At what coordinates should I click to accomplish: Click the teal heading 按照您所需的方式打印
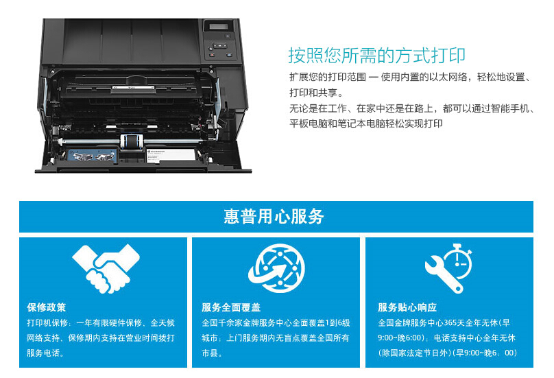[x=376, y=56]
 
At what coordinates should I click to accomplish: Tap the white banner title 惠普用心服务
[x=274, y=216]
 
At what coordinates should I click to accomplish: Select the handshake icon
[x=106, y=269]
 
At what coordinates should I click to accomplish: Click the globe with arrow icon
[x=276, y=268]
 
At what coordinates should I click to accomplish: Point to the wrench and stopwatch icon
[x=448, y=268]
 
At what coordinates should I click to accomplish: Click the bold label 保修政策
[x=47, y=307]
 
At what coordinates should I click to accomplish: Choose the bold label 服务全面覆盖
[x=231, y=307]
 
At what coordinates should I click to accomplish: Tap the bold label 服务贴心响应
[x=407, y=307]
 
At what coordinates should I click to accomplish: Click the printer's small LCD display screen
[x=218, y=27]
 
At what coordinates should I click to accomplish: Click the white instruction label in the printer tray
[x=171, y=156]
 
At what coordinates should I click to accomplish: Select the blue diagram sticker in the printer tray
[x=91, y=156]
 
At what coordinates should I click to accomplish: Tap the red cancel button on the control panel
[x=212, y=55]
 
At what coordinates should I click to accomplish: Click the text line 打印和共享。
[x=316, y=93]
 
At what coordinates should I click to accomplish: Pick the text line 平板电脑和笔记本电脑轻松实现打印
[x=366, y=123]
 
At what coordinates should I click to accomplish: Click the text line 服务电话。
[x=45, y=353]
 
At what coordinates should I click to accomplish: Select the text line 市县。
[x=212, y=353]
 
